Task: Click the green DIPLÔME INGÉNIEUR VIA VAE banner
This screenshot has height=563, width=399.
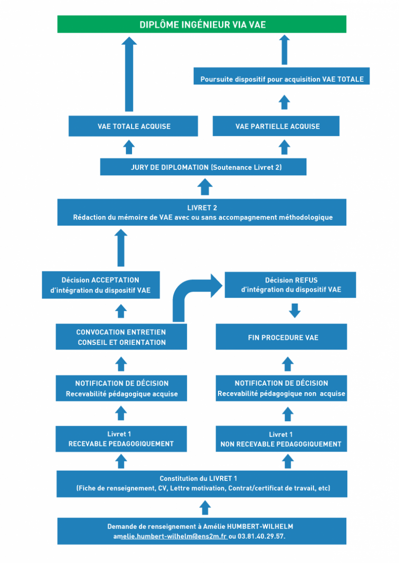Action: pos(202,24)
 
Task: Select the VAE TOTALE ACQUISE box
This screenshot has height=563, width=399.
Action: pos(133,126)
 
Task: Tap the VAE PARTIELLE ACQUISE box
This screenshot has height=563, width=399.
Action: pos(276,126)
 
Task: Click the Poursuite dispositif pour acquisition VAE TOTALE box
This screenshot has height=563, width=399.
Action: pos(282,76)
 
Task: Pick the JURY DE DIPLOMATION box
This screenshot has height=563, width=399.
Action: pos(203,167)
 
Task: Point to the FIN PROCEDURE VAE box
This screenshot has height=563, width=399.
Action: pos(281,337)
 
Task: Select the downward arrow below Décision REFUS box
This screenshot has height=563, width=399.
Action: pos(295,311)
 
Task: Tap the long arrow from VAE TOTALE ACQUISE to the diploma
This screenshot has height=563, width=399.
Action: pos(129,74)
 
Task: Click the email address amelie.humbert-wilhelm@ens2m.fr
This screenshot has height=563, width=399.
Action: pos(170,536)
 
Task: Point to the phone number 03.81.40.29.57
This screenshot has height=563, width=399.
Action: pos(261,536)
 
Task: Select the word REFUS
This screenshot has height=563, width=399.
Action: pos(307,280)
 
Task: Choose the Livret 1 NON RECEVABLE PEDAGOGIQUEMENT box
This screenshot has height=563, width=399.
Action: pos(281,439)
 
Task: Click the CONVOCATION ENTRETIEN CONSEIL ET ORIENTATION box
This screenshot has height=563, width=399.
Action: pos(121,337)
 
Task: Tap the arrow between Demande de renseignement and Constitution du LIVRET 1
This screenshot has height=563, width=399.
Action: pos(205,508)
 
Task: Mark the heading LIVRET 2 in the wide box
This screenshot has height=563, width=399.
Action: pos(202,208)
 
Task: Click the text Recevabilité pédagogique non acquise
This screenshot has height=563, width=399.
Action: pos(281,394)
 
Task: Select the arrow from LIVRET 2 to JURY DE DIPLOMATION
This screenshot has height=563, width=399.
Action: pos(205,187)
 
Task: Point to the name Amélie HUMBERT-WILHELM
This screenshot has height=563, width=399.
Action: pos(248,527)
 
